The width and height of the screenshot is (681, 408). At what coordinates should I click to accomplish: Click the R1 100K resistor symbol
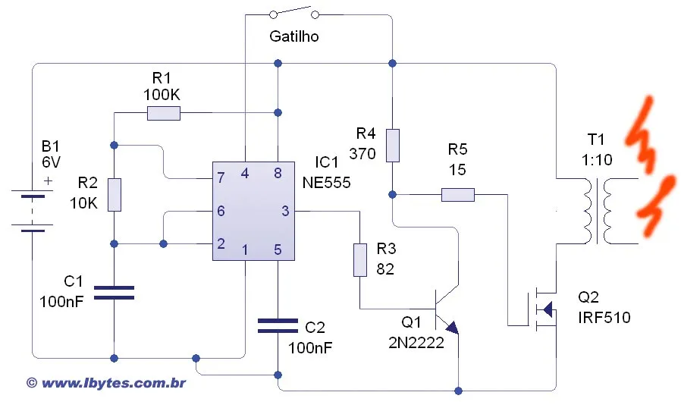(x=163, y=114)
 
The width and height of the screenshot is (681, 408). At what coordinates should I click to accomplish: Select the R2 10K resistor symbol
(x=114, y=195)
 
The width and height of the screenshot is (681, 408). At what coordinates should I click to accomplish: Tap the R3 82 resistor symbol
(x=360, y=259)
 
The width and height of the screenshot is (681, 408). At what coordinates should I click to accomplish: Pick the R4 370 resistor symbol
(x=392, y=145)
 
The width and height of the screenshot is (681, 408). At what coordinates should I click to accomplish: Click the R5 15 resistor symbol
(x=457, y=195)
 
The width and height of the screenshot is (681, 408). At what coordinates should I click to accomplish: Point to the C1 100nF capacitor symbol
(x=114, y=293)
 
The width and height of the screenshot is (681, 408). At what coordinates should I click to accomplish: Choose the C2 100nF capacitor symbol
(x=278, y=325)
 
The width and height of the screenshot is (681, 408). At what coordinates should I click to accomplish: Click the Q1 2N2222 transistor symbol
(x=447, y=309)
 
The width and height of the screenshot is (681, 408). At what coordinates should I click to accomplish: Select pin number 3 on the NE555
(x=285, y=212)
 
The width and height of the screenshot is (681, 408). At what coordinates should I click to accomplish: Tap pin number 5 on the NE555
(x=278, y=250)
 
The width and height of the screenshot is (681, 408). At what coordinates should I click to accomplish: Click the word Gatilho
(x=293, y=36)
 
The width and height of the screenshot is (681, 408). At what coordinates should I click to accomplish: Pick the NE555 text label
(x=327, y=182)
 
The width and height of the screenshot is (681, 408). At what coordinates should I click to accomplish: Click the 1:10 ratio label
(x=598, y=159)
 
